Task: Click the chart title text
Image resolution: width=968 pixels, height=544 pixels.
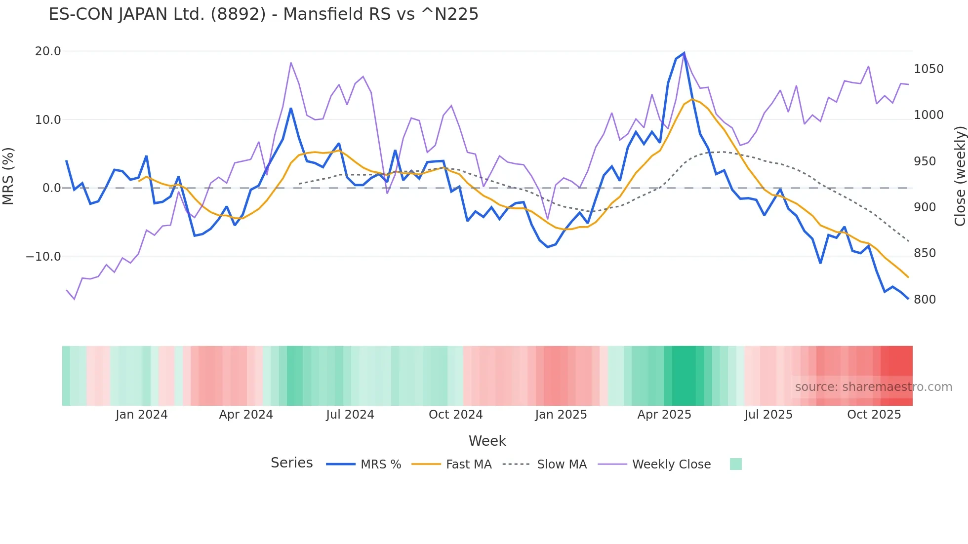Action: coord(263,14)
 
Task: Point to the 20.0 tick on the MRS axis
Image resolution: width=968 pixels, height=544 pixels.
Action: coord(48,51)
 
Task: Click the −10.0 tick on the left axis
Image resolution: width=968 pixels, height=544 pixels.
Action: coord(43,257)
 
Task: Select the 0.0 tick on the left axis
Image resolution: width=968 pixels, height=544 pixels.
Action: coord(51,188)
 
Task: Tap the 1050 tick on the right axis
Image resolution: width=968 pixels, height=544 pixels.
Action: coord(928,69)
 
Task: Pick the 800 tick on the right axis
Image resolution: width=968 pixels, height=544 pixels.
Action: coord(925,300)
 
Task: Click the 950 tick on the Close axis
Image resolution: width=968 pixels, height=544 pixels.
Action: coord(925,161)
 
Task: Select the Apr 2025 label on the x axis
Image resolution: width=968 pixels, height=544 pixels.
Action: coord(664,415)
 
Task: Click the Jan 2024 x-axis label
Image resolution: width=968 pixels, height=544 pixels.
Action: coord(141,415)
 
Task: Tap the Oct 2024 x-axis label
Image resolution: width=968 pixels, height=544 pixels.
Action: coord(455,415)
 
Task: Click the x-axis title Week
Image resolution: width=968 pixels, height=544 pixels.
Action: coord(487,441)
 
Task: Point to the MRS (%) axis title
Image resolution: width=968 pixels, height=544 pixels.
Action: coord(8,176)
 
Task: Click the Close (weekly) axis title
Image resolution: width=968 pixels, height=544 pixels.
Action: coord(960,176)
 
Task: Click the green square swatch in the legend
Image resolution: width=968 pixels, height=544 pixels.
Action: coord(735,464)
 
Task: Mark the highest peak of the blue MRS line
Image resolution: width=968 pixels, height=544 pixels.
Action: coord(684,53)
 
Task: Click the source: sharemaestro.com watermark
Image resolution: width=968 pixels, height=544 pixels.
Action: coord(873,387)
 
